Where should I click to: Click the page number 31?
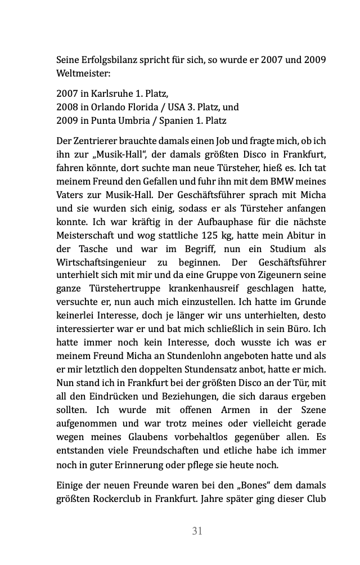(x=197, y=531)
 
